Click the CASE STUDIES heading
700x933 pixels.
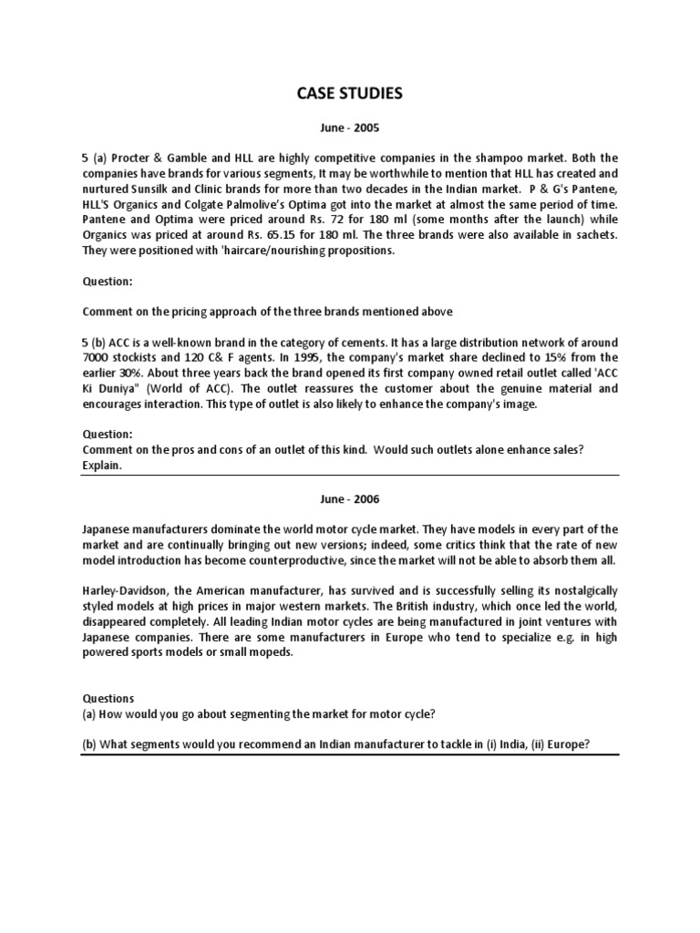point(349,93)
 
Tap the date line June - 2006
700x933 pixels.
point(350,499)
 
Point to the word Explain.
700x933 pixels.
point(101,465)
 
